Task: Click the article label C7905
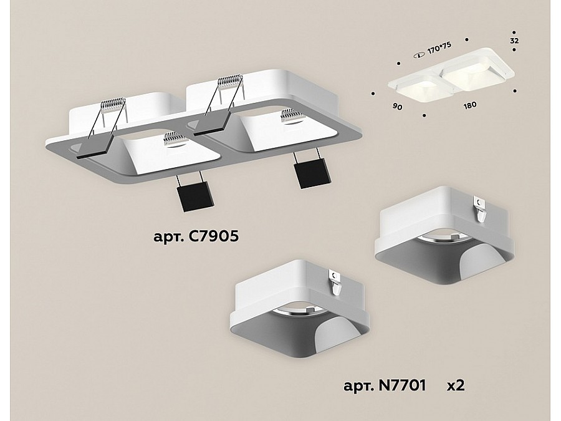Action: click(196, 236)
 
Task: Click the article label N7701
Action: click(385, 385)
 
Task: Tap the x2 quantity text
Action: click(456, 385)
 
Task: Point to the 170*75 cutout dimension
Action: click(439, 47)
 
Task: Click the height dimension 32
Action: click(514, 41)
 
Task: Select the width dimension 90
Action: click(397, 106)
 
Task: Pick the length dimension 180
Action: click(470, 105)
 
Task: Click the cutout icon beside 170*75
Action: click(419, 55)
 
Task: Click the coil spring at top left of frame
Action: click(113, 105)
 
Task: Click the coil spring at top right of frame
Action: click(230, 82)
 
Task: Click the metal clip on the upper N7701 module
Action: click(480, 210)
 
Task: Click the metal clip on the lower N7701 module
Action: click(335, 283)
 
